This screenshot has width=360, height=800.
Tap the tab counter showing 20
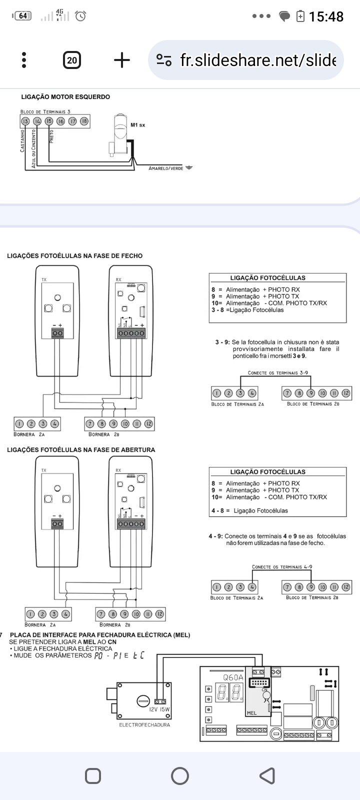(x=72, y=60)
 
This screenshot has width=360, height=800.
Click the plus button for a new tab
(x=121, y=60)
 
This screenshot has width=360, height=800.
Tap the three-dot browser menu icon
(x=24, y=60)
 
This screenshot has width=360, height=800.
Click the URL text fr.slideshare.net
(x=257, y=60)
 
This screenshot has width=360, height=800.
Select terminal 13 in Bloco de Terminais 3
(x=25, y=121)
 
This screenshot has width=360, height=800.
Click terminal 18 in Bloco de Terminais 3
(x=84, y=121)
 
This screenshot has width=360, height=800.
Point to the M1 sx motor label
(x=137, y=124)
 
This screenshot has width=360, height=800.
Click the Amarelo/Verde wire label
(x=165, y=168)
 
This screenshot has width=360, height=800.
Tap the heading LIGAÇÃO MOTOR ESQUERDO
(x=65, y=97)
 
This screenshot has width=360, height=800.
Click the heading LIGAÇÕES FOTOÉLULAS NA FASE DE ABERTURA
(x=81, y=450)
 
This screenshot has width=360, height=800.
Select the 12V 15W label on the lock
(x=160, y=709)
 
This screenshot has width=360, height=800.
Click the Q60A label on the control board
(x=233, y=677)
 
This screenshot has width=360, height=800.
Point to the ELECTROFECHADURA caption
(x=144, y=724)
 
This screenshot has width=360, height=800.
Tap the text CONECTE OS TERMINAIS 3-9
(x=278, y=373)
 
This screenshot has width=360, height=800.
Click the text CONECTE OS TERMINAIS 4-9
(x=282, y=567)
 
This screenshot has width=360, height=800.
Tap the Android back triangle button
(x=267, y=776)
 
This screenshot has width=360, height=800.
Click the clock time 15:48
(x=326, y=16)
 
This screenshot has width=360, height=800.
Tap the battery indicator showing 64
(x=22, y=16)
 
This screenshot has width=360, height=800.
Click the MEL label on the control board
(x=252, y=712)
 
